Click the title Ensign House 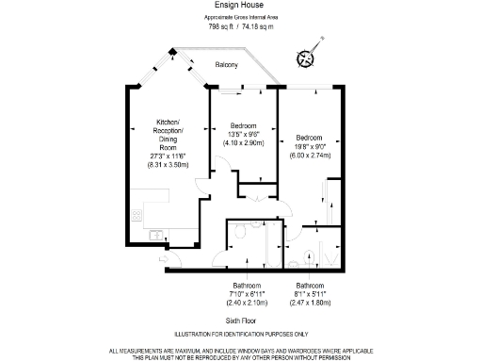[240, 6]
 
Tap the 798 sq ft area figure [220, 26]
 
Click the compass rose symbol [306, 58]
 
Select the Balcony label [225, 65]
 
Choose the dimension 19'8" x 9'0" [310, 145]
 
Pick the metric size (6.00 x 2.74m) [310, 154]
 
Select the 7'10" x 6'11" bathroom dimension [248, 294]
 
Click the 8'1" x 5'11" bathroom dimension [310, 294]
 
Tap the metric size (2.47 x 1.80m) [310, 303]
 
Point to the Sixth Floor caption [241, 322]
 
